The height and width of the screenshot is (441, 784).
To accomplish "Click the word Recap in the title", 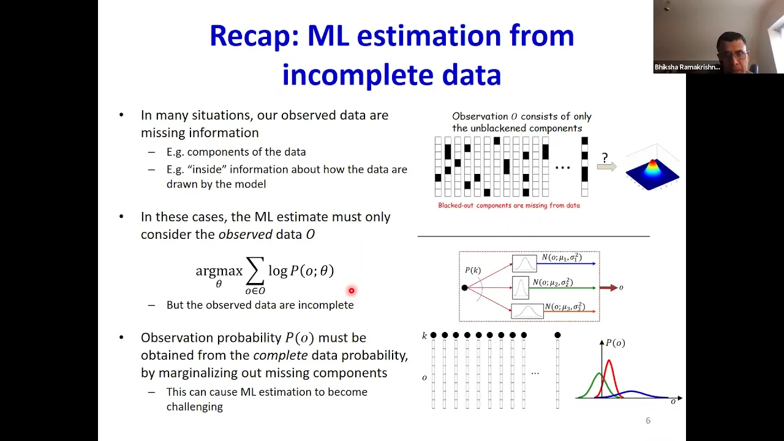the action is click(254, 37).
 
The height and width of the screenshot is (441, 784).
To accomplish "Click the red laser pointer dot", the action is click(352, 290).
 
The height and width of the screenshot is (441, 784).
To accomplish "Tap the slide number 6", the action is click(648, 421).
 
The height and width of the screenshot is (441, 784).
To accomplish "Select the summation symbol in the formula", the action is click(255, 271).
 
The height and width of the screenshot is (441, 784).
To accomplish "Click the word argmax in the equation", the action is click(219, 271).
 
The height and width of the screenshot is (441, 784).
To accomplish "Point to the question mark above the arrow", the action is click(605, 157).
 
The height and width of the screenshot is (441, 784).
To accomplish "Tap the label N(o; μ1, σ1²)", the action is click(562, 258).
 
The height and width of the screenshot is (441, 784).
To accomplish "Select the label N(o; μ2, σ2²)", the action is click(552, 282).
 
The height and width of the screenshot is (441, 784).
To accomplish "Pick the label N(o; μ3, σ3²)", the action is click(565, 307).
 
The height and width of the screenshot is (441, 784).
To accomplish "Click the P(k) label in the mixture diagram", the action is click(473, 270).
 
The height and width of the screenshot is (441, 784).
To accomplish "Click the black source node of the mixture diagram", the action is click(464, 288).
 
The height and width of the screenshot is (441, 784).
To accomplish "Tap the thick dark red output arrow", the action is click(609, 288).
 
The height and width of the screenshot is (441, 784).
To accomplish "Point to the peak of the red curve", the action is click(609, 360).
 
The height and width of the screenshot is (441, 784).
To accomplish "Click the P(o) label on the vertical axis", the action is click(616, 343).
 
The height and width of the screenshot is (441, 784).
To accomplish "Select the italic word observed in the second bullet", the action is click(246, 235).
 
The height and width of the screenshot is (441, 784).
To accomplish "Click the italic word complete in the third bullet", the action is click(281, 356).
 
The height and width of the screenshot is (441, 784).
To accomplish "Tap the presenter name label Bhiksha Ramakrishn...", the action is click(687, 67).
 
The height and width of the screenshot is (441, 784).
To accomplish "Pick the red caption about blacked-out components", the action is click(509, 205).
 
